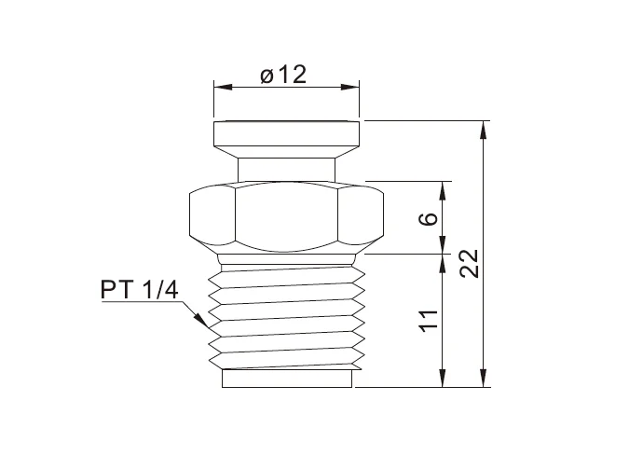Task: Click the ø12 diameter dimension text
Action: click(283, 76)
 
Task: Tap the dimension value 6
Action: click(428, 220)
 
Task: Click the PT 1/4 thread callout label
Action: click(139, 290)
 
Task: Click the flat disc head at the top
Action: click(286, 138)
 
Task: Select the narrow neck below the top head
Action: click(286, 170)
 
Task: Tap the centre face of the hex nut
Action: click(286, 216)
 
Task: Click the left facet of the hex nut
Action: click(211, 216)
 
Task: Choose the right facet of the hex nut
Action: click(362, 216)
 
